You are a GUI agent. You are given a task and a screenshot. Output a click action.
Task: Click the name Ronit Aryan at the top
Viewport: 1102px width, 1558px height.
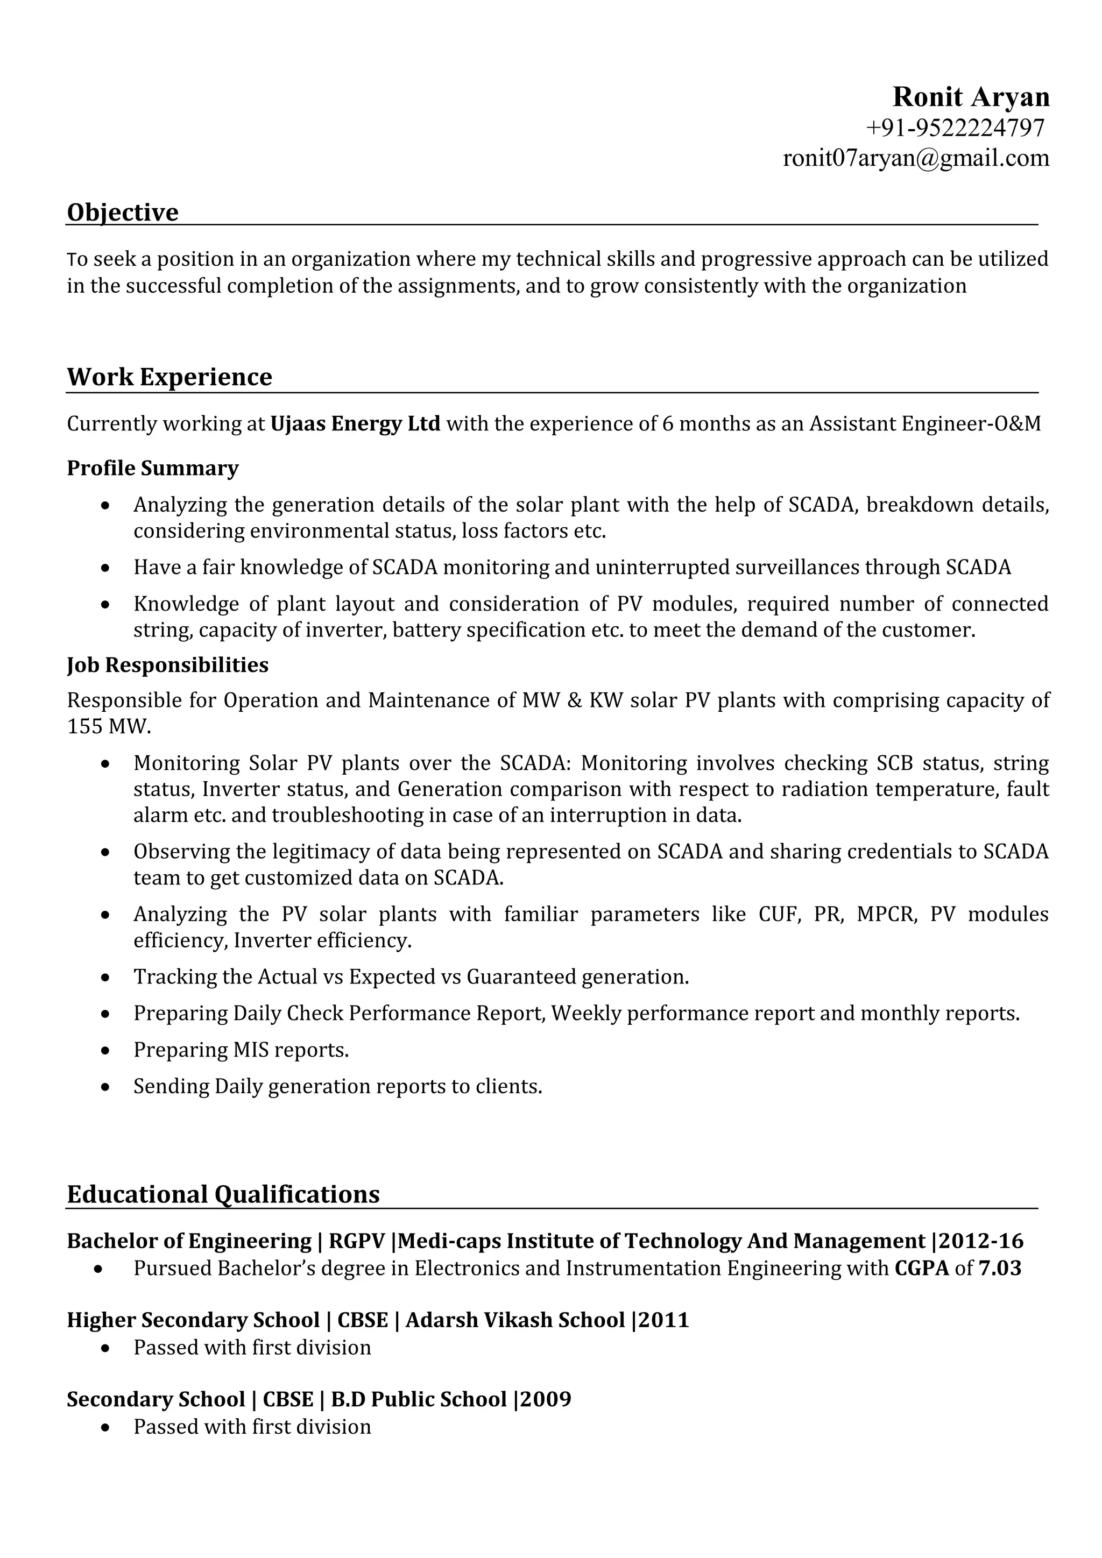(970, 97)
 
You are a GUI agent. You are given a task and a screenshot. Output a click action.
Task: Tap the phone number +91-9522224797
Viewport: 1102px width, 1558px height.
(955, 128)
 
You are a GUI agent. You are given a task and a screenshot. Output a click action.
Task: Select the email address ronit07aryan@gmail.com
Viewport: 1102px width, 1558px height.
(916, 158)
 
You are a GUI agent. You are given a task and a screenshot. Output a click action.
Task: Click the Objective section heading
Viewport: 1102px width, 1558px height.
(122, 213)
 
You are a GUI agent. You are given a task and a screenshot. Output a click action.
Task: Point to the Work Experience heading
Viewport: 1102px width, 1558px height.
(169, 377)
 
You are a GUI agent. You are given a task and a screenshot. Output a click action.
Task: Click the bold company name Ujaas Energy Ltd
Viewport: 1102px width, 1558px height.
(355, 424)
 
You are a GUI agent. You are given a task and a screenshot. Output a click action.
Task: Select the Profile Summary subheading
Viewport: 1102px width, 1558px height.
(153, 468)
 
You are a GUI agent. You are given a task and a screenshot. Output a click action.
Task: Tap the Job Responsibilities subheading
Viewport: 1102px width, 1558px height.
(167, 665)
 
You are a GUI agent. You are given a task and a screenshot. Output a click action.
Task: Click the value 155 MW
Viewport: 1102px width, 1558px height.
(109, 727)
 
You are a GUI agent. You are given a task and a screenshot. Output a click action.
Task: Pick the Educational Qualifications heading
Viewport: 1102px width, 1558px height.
(223, 1194)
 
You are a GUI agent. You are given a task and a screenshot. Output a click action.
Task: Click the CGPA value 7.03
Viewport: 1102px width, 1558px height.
(1000, 1268)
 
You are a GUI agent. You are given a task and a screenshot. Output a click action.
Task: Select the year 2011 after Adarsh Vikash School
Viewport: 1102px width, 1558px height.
(663, 1320)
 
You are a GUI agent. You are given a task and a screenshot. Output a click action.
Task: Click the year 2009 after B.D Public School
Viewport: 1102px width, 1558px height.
(546, 1399)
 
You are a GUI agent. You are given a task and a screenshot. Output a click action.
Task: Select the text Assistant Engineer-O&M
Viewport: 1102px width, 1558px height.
(925, 424)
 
